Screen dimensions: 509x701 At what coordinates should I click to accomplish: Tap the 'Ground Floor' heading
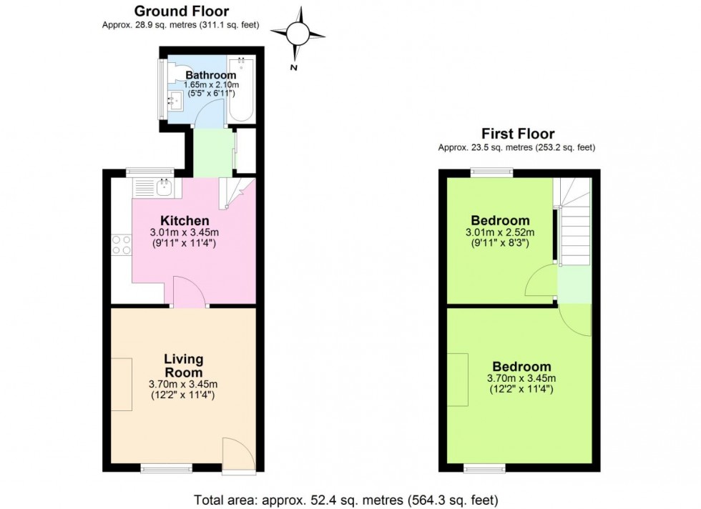(181, 11)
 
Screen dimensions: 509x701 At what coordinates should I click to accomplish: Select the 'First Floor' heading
(517, 134)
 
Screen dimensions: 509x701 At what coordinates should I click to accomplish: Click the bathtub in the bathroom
(242, 90)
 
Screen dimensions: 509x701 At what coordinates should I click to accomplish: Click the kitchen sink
(162, 188)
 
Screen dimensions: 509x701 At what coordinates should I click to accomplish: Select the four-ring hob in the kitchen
(121, 245)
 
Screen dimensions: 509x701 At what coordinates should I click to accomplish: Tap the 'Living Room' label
(184, 365)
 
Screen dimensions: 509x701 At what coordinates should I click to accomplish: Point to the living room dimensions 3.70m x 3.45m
(184, 385)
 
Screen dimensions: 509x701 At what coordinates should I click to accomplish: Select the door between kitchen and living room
(190, 292)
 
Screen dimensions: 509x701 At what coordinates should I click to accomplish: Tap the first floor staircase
(574, 222)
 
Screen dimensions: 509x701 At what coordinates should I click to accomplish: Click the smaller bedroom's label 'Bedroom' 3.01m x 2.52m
(500, 221)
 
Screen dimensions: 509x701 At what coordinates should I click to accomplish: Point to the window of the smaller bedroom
(492, 172)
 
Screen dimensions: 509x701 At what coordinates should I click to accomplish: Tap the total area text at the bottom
(345, 500)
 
